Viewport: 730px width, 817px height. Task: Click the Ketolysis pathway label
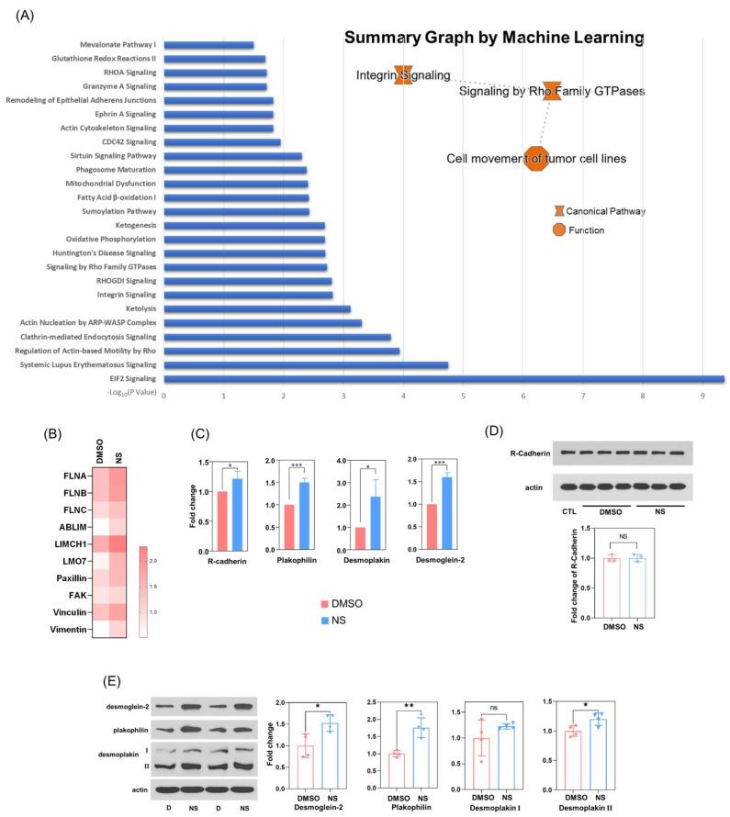(140, 308)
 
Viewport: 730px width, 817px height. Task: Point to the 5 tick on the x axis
(464, 396)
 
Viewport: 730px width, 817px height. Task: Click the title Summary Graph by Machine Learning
(493, 39)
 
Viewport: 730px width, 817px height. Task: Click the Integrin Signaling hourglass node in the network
(403, 75)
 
